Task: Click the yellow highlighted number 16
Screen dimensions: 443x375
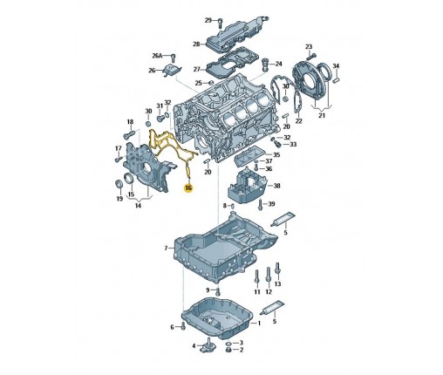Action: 188,187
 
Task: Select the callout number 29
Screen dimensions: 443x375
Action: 208,20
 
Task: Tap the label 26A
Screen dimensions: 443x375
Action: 157,56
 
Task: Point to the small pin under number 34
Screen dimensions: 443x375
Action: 337,79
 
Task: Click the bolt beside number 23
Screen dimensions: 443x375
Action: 311,55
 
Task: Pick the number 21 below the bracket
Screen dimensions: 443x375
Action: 322,115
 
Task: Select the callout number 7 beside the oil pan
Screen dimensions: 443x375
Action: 166,248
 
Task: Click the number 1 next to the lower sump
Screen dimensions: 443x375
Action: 259,323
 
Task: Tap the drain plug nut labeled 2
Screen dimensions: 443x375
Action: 228,350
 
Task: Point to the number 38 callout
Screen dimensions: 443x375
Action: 276,186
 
